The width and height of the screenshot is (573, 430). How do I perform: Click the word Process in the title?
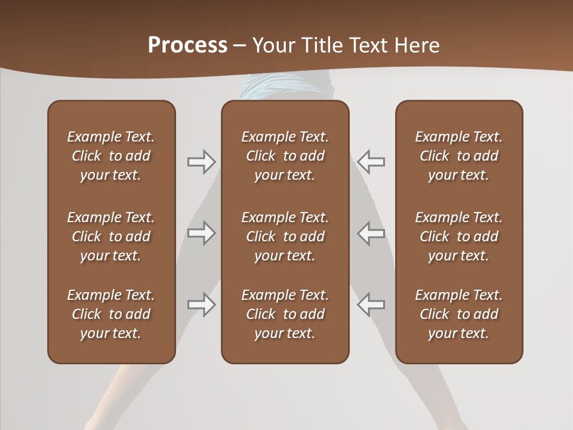[187, 45]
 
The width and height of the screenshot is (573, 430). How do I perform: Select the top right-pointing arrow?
[202, 161]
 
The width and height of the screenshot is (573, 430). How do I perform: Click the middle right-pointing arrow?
[202, 233]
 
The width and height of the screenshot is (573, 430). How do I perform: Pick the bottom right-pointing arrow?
[202, 305]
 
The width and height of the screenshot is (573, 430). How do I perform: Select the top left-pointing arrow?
[371, 161]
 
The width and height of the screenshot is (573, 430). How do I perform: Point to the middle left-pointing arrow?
[371, 233]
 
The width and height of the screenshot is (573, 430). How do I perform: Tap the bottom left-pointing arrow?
[371, 305]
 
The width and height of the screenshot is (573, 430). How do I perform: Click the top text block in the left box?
[111, 156]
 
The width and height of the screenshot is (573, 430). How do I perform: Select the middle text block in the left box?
[111, 236]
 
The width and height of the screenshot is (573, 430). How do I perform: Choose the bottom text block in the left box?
[111, 314]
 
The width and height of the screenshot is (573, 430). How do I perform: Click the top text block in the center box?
[285, 156]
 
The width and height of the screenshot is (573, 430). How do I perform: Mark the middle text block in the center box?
[285, 236]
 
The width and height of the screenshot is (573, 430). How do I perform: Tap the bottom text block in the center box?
[285, 314]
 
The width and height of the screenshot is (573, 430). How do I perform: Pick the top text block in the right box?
[458, 156]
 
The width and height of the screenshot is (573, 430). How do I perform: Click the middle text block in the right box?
[458, 236]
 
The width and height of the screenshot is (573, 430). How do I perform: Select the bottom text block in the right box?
[458, 314]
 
